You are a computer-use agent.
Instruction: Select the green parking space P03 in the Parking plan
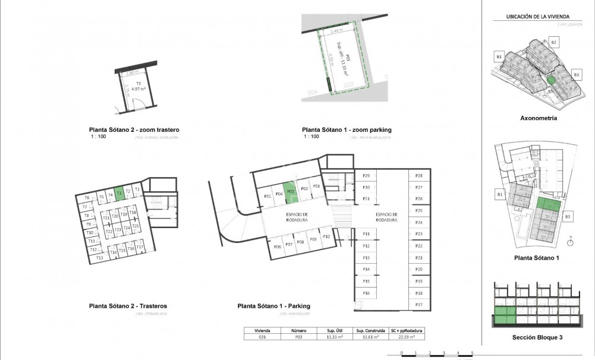[289, 191]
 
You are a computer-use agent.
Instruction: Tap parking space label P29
[366, 176]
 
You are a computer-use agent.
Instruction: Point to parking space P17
[418, 305]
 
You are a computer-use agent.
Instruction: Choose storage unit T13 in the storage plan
[99, 258]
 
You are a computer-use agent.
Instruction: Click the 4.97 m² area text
[138, 89]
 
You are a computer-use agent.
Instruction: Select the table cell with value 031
[262, 337]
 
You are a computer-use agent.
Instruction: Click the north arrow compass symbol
[569, 241]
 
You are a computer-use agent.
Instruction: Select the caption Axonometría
[538, 118]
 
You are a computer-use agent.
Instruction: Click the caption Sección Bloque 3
[538, 337]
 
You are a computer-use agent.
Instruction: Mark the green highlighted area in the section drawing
[503, 315]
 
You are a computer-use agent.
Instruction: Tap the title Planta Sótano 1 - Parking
[273, 306]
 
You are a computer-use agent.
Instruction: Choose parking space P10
[326, 237]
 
